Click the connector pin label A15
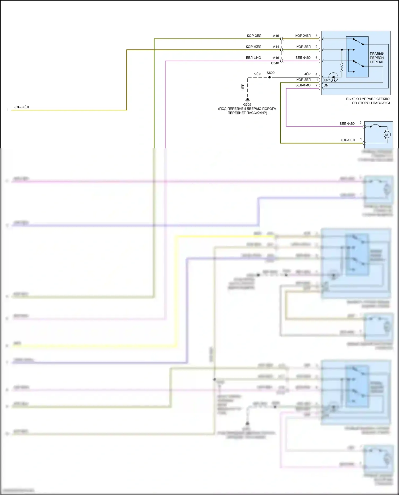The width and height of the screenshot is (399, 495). click(x=276, y=36)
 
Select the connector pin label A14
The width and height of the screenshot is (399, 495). click(x=276, y=47)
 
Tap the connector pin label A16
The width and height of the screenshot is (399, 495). click(x=276, y=58)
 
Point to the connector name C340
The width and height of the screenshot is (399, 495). click(x=275, y=63)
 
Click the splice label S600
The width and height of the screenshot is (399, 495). click(x=271, y=73)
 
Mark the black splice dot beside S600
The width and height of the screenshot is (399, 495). click(x=269, y=77)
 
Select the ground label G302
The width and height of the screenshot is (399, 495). click(x=247, y=105)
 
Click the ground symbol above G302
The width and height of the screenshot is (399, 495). click(x=247, y=100)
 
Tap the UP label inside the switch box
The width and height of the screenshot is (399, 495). click(x=326, y=80)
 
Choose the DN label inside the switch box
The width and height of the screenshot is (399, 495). click(x=326, y=85)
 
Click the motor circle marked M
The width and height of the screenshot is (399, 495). click(x=387, y=135)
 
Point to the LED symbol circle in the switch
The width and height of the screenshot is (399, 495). click(x=333, y=77)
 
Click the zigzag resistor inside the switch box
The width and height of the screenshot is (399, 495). click(x=342, y=67)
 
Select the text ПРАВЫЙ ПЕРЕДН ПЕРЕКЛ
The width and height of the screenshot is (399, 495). click(x=377, y=58)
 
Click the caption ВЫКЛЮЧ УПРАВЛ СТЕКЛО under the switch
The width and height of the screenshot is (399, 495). click(x=368, y=99)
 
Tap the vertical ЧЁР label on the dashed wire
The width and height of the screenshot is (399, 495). click(x=243, y=87)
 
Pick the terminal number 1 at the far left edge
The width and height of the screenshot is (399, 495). click(x=7, y=110)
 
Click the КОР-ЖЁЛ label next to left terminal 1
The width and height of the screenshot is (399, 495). click(x=21, y=107)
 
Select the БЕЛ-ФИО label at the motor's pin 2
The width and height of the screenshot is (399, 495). click(x=347, y=124)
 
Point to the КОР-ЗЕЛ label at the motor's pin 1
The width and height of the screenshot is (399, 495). click(x=347, y=140)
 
